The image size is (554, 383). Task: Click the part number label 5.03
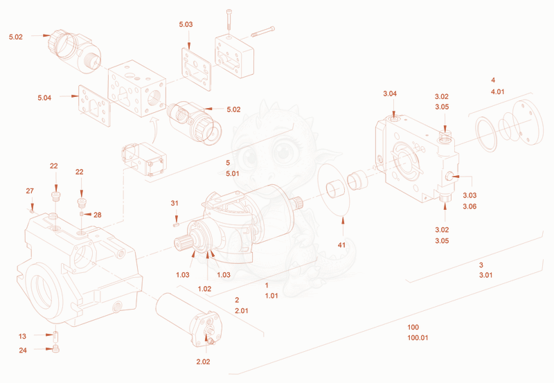click(x=186, y=24)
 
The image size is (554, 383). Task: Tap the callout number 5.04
click(x=44, y=98)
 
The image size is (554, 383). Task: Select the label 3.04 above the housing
click(x=390, y=93)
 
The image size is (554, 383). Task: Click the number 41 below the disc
click(x=341, y=245)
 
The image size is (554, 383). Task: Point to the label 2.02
click(x=203, y=362)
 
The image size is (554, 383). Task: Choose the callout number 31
click(x=175, y=203)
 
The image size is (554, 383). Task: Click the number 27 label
click(x=30, y=190)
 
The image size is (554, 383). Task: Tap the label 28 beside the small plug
click(x=98, y=215)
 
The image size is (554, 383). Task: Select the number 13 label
click(x=22, y=336)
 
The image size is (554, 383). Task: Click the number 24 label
click(x=23, y=350)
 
